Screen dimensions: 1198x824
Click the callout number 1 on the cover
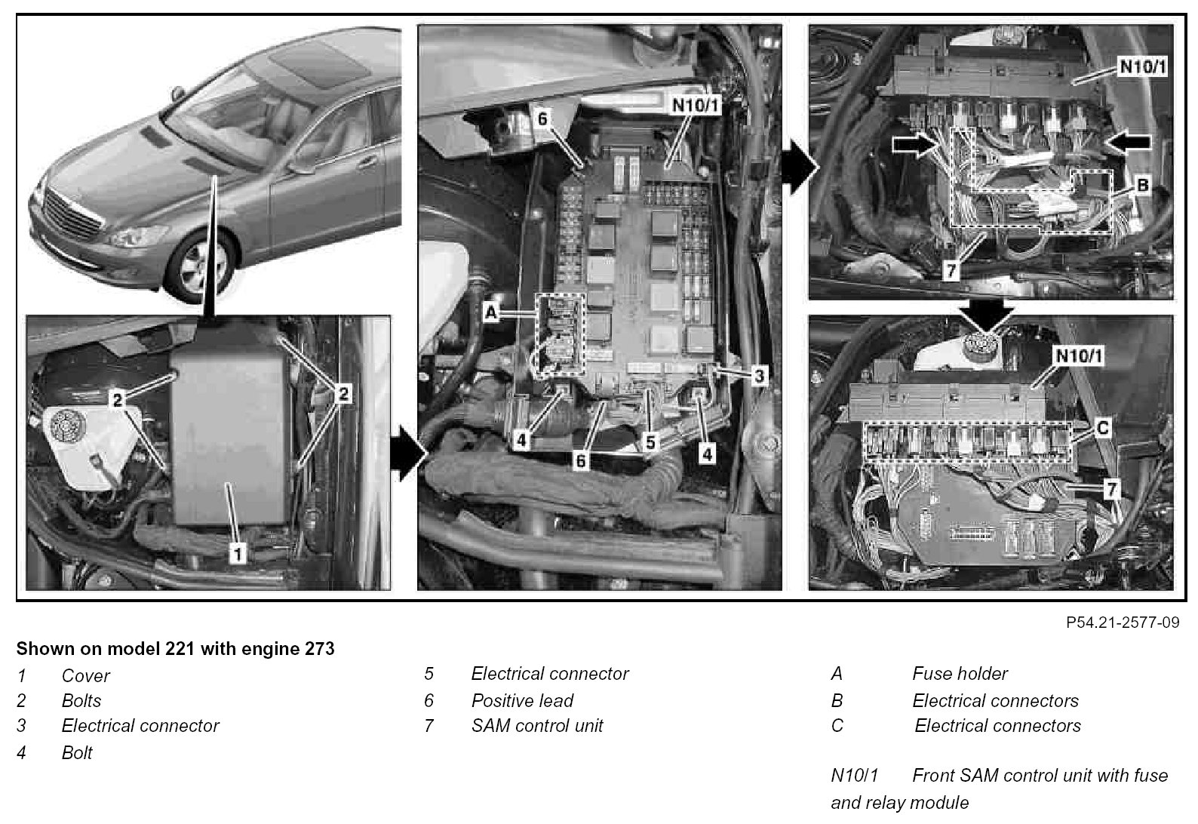[x=238, y=553]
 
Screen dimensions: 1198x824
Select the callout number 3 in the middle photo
[x=759, y=376]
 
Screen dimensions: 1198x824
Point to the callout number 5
[x=650, y=442]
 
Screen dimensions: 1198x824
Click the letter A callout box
[x=491, y=312]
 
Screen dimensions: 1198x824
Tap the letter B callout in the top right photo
[x=1142, y=186]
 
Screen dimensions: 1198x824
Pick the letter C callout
[x=1103, y=428]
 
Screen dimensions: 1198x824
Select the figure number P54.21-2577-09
[x=1123, y=623]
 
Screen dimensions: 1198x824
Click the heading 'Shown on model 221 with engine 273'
[x=176, y=649]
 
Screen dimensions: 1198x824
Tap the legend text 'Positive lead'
[x=522, y=701]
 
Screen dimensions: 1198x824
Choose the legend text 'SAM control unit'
[x=537, y=726]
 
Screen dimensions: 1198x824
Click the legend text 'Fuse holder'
[x=960, y=674]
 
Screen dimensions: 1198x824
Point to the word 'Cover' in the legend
[x=85, y=676]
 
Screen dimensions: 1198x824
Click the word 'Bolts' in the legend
[x=81, y=701]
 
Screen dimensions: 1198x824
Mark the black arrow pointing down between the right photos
[x=988, y=314]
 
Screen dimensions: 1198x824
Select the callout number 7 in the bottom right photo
[x=1112, y=489]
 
